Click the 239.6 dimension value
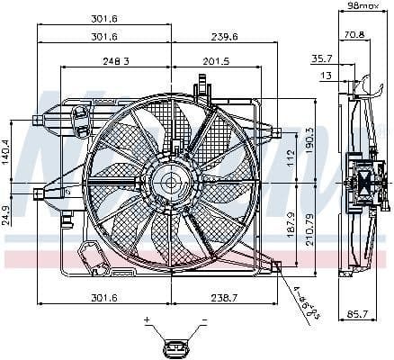225,37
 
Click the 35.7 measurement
323,58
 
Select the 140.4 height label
7,152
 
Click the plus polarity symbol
146,320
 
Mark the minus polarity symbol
204,320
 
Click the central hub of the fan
171,182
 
